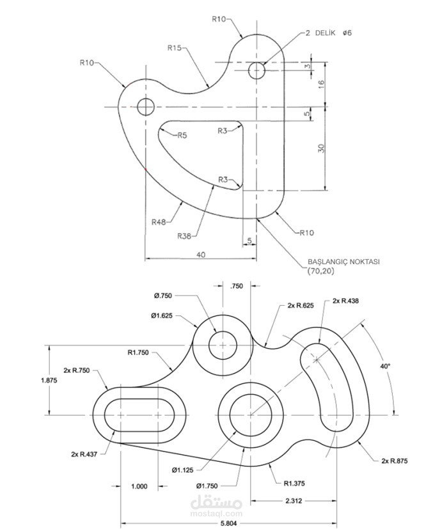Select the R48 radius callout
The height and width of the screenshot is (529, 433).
(x=159, y=222)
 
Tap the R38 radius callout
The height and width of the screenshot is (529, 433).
(x=185, y=236)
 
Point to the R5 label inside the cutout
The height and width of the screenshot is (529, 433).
(x=182, y=136)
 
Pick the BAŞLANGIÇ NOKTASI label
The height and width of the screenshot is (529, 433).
(x=343, y=262)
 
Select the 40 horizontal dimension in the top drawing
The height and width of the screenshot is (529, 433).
(x=201, y=255)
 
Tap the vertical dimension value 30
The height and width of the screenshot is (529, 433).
(x=322, y=148)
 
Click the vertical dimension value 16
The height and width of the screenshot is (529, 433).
(x=322, y=84)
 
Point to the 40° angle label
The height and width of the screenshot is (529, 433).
(x=384, y=367)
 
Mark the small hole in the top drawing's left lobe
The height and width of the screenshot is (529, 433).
(x=145, y=107)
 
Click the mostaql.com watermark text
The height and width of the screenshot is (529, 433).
(x=216, y=512)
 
